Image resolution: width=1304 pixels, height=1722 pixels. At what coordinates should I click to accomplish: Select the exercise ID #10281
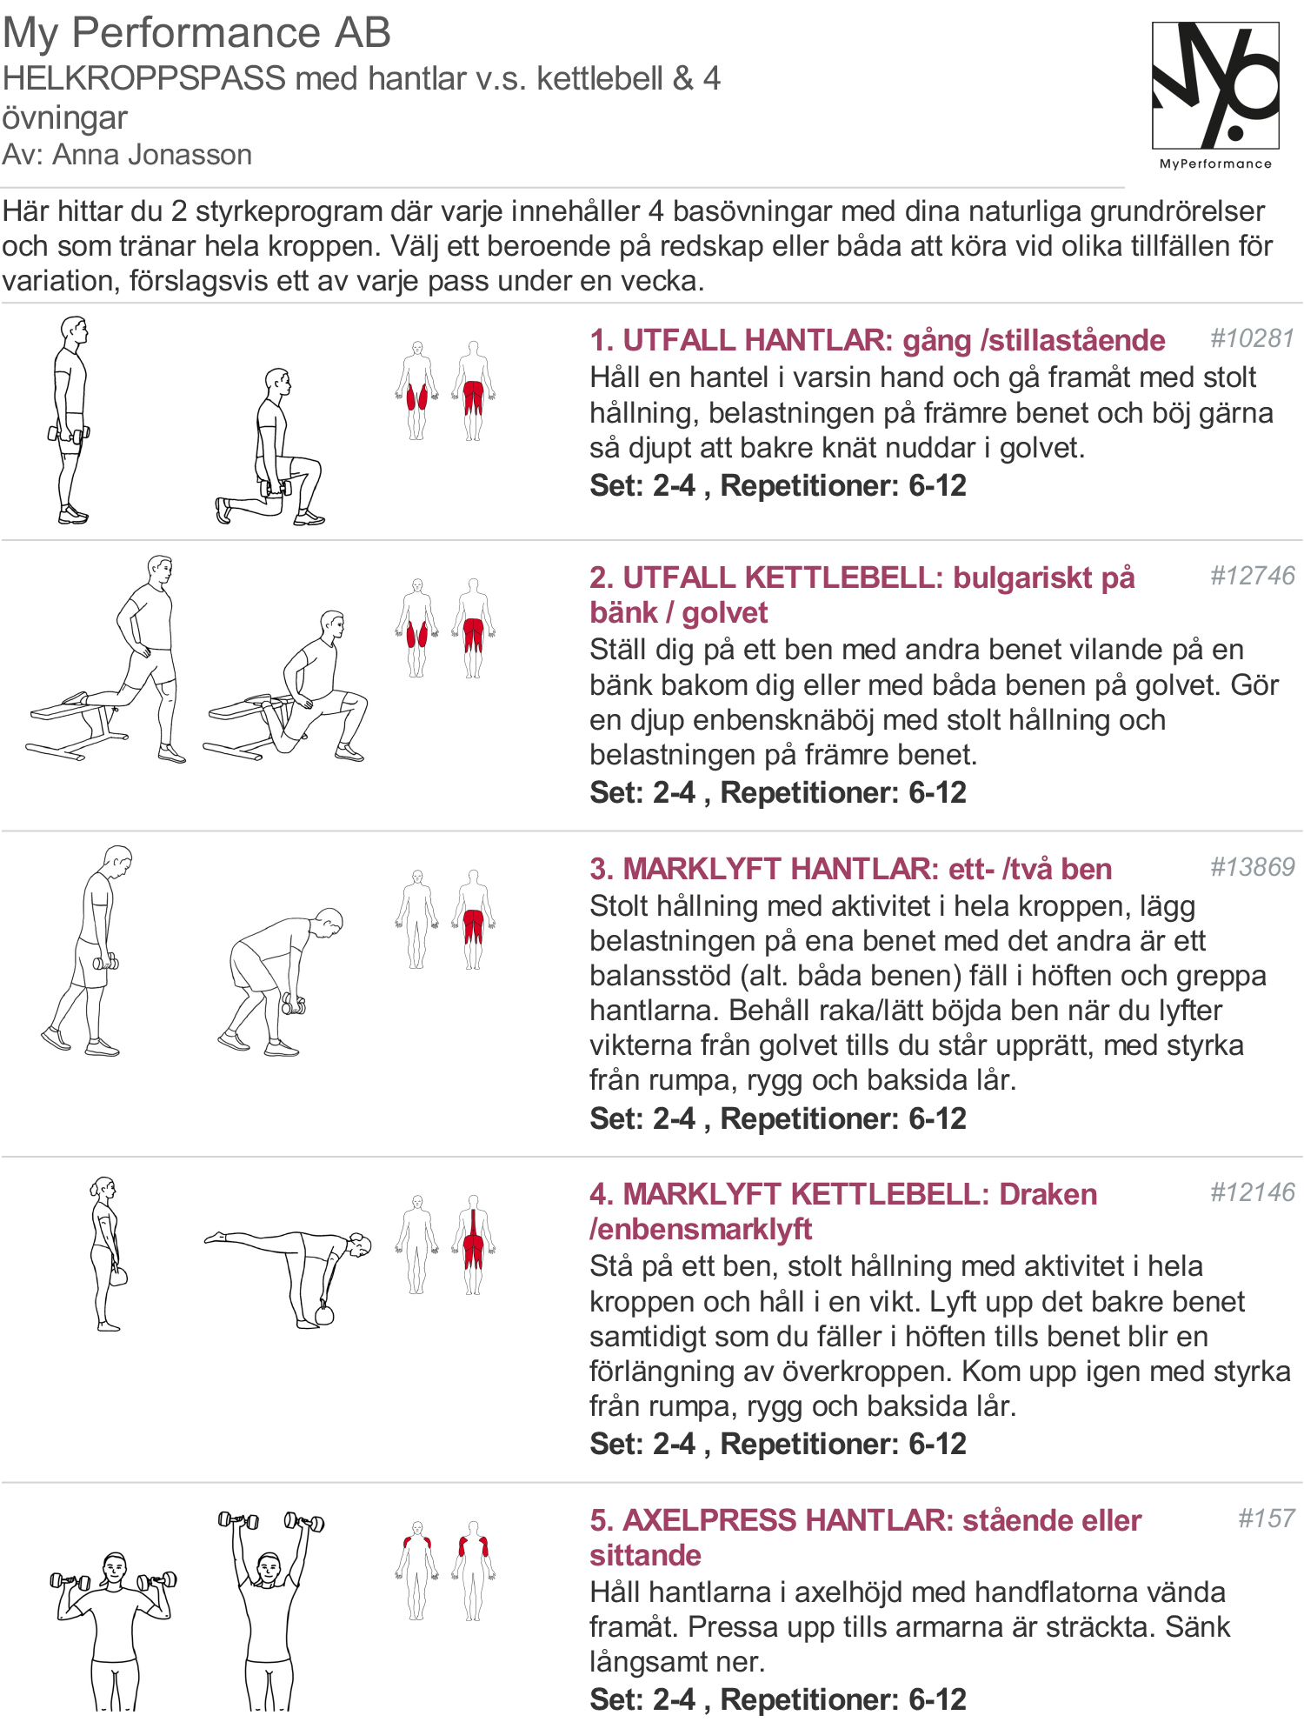click(1253, 338)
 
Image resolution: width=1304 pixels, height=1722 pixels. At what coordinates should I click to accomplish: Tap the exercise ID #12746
click(1253, 576)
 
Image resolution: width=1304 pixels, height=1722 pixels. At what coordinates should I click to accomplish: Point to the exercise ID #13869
click(1253, 867)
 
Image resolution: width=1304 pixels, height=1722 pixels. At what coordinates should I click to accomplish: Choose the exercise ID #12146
click(1253, 1192)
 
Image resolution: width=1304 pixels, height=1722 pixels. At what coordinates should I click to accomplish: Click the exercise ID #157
click(1267, 1518)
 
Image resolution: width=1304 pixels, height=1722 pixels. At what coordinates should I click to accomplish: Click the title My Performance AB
click(196, 33)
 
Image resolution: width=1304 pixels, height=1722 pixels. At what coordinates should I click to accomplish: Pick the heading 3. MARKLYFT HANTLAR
click(762, 869)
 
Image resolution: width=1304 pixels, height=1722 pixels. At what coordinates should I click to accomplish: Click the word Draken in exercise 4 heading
click(1048, 1194)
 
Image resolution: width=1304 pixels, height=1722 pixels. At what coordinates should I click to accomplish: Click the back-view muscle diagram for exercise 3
click(473, 919)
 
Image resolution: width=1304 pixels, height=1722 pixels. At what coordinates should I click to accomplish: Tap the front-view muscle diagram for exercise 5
click(417, 1571)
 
